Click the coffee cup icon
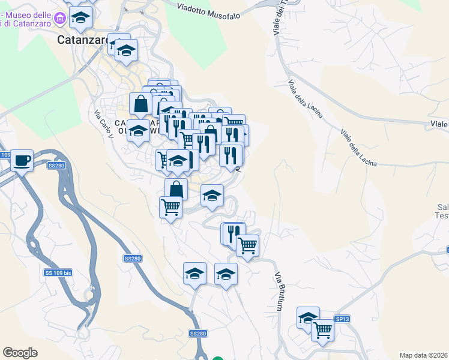click(x=22, y=160)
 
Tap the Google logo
click(x=20, y=353)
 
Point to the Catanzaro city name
click(x=82, y=40)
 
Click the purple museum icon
click(x=59, y=19)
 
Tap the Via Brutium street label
click(x=279, y=292)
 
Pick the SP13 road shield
click(x=342, y=319)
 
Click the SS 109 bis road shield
click(x=58, y=273)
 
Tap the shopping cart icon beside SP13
click(x=323, y=329)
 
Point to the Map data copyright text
click(x=424, y=355)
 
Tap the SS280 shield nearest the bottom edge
click(x=197, y=333)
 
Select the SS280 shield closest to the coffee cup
click(x=56, y=165)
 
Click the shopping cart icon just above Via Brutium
click(x=247, y=245)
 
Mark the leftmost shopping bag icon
click(x=140, y=104)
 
